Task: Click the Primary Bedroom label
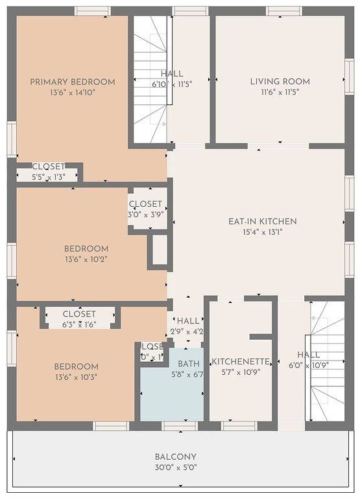pyautogui.click(x=73, y=82)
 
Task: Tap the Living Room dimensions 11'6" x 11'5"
pyautogui.click(x=280, y=92)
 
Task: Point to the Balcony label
pyautogui.click(x=175, y=456)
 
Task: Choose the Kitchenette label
pyautogui.click(x=241, y=361)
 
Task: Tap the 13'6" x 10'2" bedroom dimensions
pyautogui.click(x=86, y=259)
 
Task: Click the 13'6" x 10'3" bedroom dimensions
pyautogui.click(x=77, y=377)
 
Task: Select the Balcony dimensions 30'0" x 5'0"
pyautogui.click(x=175, y=467)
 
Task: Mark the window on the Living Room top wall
pyautogui.click(x=283, y=11)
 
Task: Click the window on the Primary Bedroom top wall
pyautogui.click(x=92, y=11)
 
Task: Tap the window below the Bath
pyautogui.click(x=179, y=426)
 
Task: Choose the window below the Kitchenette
pyautogui.click(x=239, y=426)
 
